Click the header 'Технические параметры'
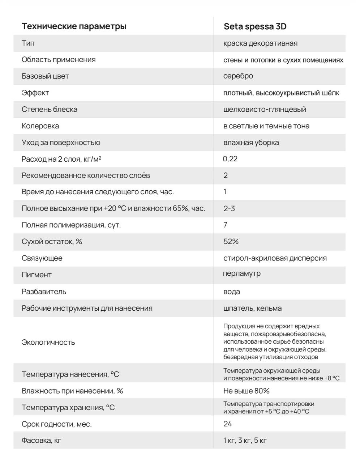(x=74, y=26)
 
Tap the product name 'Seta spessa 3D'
(x=255, y=26)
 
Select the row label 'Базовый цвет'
(x=45, y=76)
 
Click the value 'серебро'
(x=238, y=76)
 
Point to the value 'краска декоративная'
(x=260, y=43)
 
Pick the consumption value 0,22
(x=230, y=159)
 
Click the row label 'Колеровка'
(x=40, y=126)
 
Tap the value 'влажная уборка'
(x=251, y=143)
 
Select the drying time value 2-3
(x=229, y=209)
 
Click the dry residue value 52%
(x=231, y=242)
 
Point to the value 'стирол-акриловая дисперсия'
(x=275, y=258)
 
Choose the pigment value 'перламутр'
(x=242, y=273)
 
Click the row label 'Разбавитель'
(x=44, y=292)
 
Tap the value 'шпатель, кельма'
(x=253, y=308)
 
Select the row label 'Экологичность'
(x=48, y=342)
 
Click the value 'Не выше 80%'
(x=247, y=391)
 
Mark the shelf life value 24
(x=228, y=424)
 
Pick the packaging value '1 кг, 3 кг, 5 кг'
(x=245, y=441)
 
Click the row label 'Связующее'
(x=42, y=258)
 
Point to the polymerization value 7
(x=225, y=225)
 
